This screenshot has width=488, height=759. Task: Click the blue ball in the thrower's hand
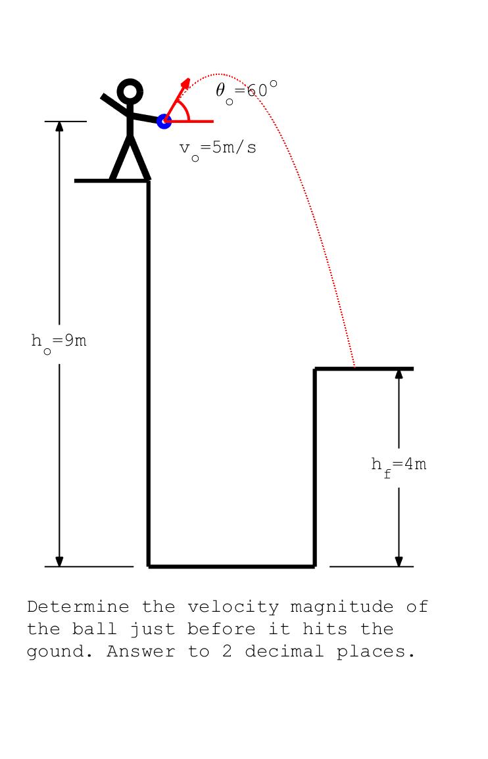click(x=164, y=121)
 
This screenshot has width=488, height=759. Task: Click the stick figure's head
click(x=130, y=91)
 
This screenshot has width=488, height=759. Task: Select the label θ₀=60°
click(x=247, y=91)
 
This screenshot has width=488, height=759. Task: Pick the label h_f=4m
click(x=399, y=466)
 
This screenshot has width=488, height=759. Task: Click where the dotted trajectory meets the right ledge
click(x=354, y=368)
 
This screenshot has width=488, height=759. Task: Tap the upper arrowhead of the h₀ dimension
click(x=59, y=126)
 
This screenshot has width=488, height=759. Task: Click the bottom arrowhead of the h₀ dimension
click(x=59, y=561)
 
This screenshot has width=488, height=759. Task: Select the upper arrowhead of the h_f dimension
click(x=399, y=374)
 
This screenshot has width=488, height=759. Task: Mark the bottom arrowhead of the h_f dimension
click(x=399, y=561)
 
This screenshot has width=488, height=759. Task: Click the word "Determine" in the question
click(x=78, y=607)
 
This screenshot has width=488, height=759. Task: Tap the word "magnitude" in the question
click(x=341, y=607)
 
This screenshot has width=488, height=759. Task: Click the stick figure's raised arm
click(x=115, y=104)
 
